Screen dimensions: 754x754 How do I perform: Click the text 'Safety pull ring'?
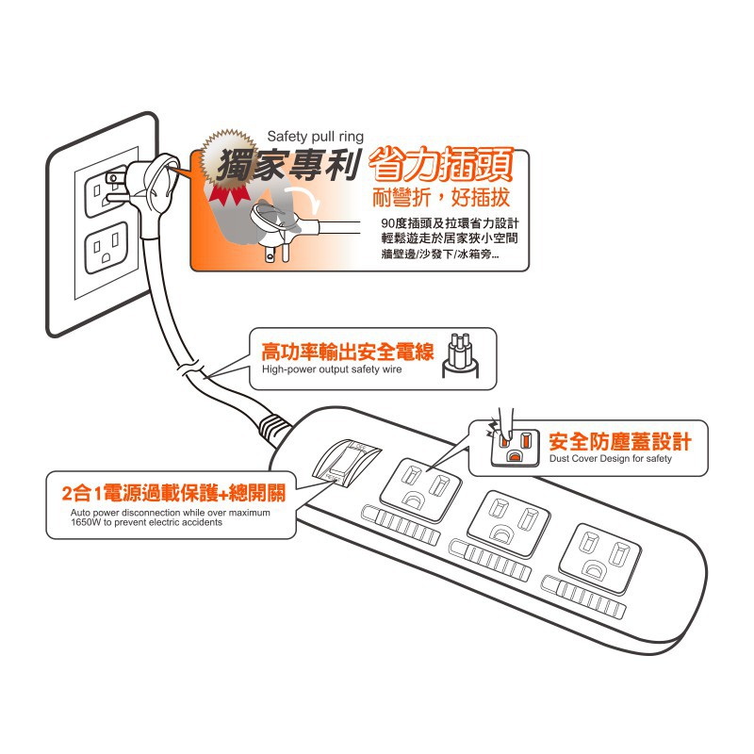(315, 137)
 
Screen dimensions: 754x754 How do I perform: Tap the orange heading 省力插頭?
(441, 166)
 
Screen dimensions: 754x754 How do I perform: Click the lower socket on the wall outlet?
(107, 248)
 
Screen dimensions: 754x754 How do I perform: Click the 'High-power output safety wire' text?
(332, 369)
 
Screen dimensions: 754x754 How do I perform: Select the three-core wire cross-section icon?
(460, 355)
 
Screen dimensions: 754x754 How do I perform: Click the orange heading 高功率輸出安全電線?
(347, 352)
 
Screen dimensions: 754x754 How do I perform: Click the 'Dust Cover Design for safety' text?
(610, 458)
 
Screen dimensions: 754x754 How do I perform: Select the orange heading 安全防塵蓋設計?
(620, 441)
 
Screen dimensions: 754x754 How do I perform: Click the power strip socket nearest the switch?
(420, 488)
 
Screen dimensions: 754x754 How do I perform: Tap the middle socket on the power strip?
(509, 524)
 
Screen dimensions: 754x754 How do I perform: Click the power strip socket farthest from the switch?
(600, 557)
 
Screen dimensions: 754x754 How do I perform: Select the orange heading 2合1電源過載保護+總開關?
(173, 493)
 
